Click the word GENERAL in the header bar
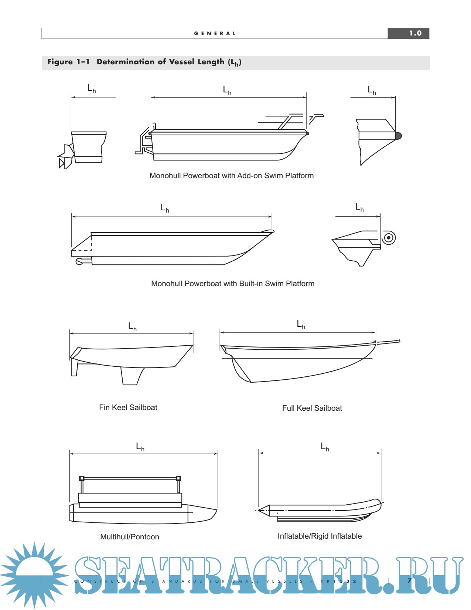tap(215, 33)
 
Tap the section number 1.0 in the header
tap(415, 33)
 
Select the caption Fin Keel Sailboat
tap(128, 407)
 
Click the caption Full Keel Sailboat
tap(312, 408)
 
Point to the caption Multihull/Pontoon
tap(130, 537)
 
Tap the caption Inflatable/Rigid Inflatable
tap(320, 536)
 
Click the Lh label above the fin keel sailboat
tap(132, 326)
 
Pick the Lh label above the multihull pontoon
tap(140, 447)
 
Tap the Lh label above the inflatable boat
tap(325, 447)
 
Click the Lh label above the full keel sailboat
tap(301, 325)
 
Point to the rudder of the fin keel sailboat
tap(75, 369)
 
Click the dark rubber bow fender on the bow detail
tap(398, 136)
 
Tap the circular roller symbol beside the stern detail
tap(388, 238)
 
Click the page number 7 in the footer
tap(409, 580)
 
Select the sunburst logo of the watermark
tap(34, 575)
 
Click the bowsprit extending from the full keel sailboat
tap(388, 342)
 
